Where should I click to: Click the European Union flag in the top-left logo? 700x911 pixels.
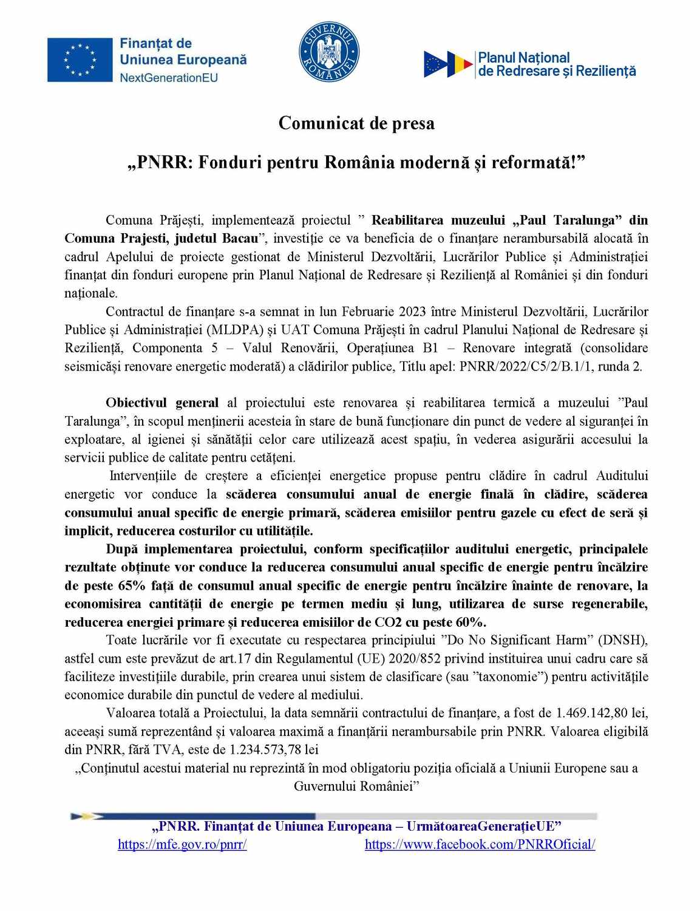80,60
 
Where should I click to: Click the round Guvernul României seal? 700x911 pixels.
329,52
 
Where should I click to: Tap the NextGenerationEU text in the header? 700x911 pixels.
168,78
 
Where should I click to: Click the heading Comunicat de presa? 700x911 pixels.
356,123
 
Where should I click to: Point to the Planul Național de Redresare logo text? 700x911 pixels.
557,64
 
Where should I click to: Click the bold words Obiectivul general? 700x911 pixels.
162,403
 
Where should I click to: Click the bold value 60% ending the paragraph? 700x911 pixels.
471,622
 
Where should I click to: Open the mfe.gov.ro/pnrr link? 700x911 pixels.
182,844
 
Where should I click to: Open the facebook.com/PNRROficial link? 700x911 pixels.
480,844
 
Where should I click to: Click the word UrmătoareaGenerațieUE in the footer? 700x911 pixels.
484,826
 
